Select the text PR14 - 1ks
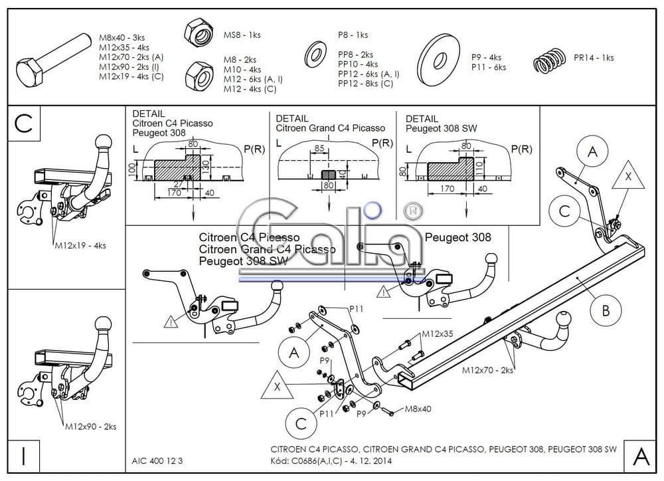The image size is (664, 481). tap(594, 58)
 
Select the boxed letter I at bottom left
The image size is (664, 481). tap(23, 456)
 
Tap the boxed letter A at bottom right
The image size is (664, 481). tap(641, 456)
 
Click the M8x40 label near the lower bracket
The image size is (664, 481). tap(418, 409)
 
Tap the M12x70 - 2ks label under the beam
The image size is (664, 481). tap(487, 370)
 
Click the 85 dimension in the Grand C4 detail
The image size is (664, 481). tap(319, 149)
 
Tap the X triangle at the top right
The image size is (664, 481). tap(627, 177)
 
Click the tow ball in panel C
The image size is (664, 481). tap(104, 143)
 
